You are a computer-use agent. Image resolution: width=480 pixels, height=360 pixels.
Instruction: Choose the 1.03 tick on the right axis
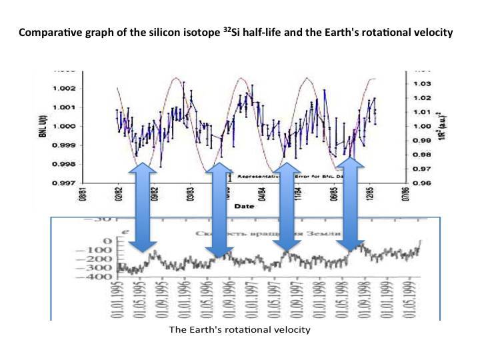[x=422, y=84]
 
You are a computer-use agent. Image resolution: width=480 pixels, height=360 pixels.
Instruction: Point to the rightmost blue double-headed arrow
[x=351, y=207]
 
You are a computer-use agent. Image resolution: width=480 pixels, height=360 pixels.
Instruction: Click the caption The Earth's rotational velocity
[x=239, y=329]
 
